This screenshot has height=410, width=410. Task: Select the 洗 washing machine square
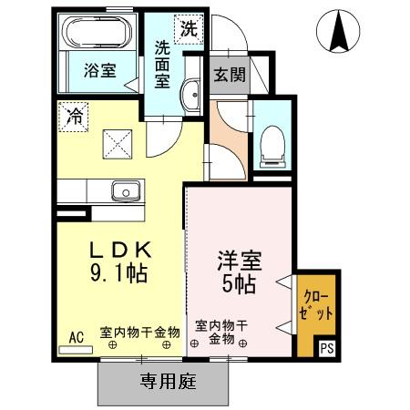(x=188, y=28)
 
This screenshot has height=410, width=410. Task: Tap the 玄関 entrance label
(x=230, y=76)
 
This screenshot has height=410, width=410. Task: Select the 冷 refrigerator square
(x=74, y=117)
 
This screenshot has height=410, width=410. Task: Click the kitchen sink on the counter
(x=125, y=190)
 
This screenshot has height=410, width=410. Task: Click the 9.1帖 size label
(x=118, y=272)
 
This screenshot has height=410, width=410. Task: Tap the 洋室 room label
(x=240, y=261)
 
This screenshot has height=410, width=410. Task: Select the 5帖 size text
(x=240, y=283)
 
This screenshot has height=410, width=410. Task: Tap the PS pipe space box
(x=327, y=347)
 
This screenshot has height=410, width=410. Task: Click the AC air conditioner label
(x=77, y=336)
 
